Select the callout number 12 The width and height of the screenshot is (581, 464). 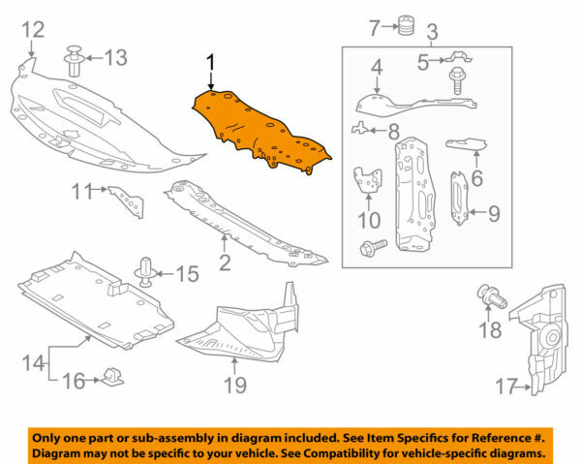point(32,30)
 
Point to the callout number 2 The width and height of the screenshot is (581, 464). point(225,261)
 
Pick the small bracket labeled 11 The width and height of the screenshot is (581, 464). point(126,200)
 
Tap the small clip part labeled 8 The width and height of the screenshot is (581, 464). point(362,127)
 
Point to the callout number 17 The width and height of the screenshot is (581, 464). point(505,387)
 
